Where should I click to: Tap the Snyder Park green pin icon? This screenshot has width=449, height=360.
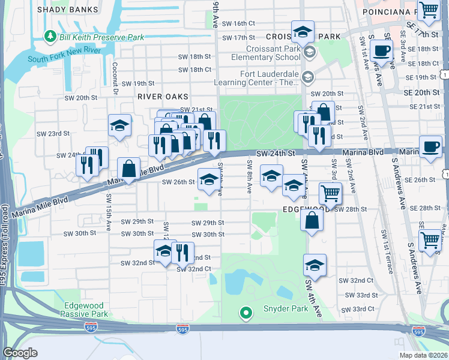(x=245, y=313)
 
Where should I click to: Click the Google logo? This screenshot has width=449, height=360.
(x=20, y=353)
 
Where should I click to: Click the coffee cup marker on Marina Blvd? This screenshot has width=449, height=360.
(x=430, y=147)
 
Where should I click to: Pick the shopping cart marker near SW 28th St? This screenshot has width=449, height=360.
(x=330, y=193)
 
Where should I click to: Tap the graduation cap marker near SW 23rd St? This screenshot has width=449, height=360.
(x=119, y=126)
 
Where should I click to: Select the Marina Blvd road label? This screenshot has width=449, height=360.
(x=363, y=152)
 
